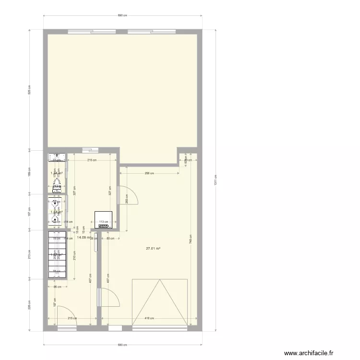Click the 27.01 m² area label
153,249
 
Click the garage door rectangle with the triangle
160,302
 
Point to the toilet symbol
57,184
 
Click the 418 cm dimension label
149,318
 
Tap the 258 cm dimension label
149,173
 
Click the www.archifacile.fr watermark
308,353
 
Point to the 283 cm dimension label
126,198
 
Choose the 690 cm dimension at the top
122,15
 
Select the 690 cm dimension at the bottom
122,345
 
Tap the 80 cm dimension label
110,238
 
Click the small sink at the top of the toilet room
57,156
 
